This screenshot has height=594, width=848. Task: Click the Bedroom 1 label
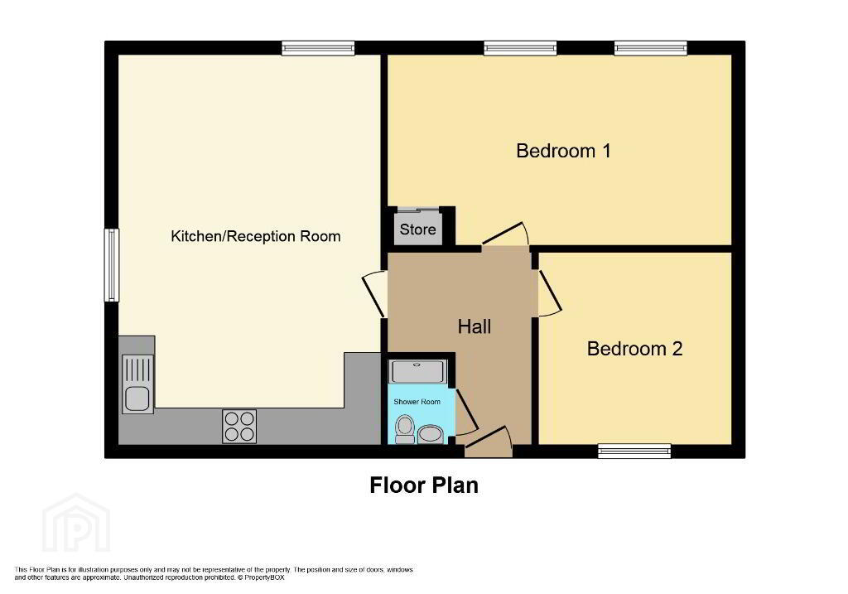point(563,151)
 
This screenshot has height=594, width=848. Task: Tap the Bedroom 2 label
point(634,349)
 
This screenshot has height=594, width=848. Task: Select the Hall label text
point(475,326)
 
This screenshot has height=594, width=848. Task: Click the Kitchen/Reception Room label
point(255,236)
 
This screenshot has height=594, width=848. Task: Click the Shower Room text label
point(417,402)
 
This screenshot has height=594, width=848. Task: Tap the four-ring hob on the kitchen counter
point(239,427)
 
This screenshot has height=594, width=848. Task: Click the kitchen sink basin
point(137,398)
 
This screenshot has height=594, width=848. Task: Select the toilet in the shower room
point(404,429)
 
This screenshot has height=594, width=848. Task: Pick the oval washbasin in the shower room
point(431,434)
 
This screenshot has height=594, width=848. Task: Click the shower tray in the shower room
point(418,372)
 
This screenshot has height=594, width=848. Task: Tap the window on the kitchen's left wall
point(112,265)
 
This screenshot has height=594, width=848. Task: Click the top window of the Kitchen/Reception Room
point(318,48)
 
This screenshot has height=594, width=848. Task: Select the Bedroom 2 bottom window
point(634,451)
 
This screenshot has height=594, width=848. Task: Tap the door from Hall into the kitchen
point(373,294)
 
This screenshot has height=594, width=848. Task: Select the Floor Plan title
point(424,485)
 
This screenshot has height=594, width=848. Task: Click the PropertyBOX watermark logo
point(76,523)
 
